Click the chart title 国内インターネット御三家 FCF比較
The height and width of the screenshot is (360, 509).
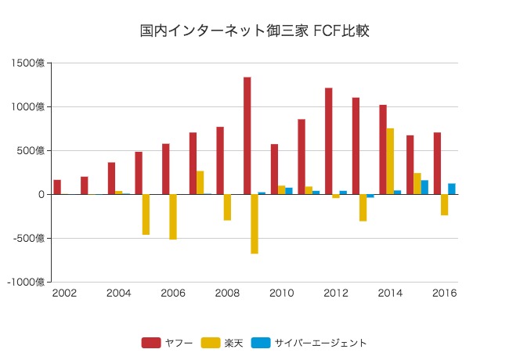coord(254,31)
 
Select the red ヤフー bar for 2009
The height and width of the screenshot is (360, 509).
coord(247,135)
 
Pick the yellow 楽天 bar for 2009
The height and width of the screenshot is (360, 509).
coord(254,224)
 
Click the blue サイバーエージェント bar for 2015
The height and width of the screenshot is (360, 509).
coord(424,187)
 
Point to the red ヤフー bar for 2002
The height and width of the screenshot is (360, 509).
coord(57,187)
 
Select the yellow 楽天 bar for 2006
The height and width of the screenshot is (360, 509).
coord(173,217)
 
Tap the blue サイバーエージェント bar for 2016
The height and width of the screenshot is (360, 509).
coord(452,189)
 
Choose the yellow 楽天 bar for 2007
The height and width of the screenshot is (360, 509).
coord(200,182)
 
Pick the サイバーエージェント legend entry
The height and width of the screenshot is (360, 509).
coord(309,342)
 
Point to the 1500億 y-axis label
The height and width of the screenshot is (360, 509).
coord(30,63)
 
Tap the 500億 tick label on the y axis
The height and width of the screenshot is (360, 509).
coord(32,151)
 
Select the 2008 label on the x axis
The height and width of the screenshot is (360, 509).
coord(227,293)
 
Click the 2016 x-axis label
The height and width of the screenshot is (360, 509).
coord(444,293)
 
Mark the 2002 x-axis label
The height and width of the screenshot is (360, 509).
coord(64,293)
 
